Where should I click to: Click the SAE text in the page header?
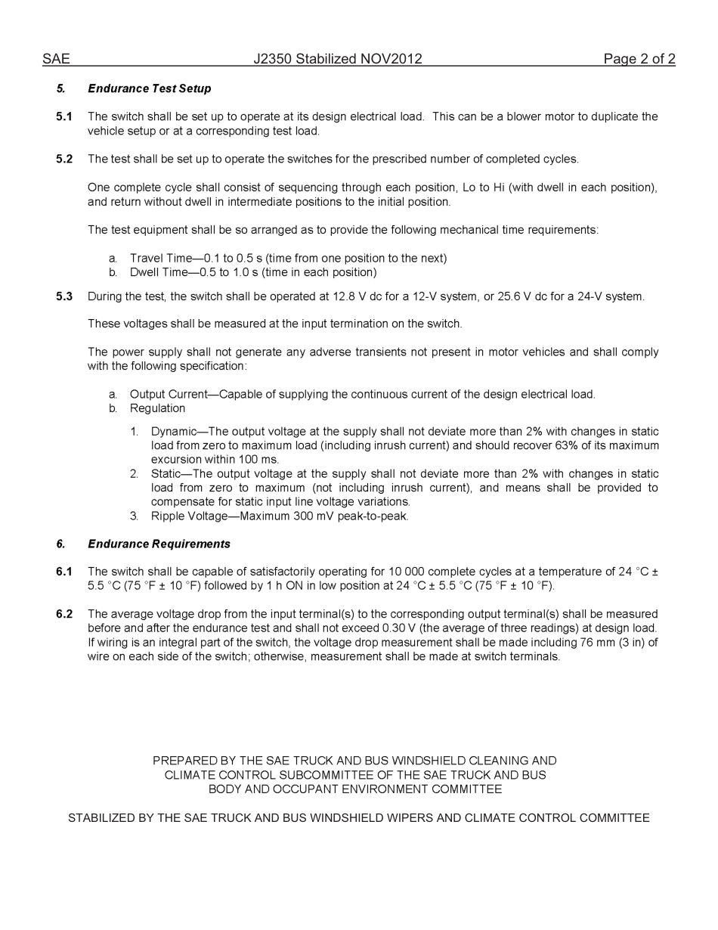click(56, 59)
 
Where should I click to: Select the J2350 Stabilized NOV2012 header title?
click(338, 59)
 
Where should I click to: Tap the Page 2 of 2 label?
click(639, 59)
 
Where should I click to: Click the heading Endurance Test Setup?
click(149, 88)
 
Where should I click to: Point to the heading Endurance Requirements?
click(159, 544)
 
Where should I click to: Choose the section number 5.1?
click(64, 116)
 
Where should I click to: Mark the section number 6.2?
click(64, 614)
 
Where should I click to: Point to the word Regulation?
click(157, 408)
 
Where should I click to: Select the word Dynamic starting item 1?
click(174, 432)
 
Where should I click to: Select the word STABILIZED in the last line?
click(103, 818)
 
